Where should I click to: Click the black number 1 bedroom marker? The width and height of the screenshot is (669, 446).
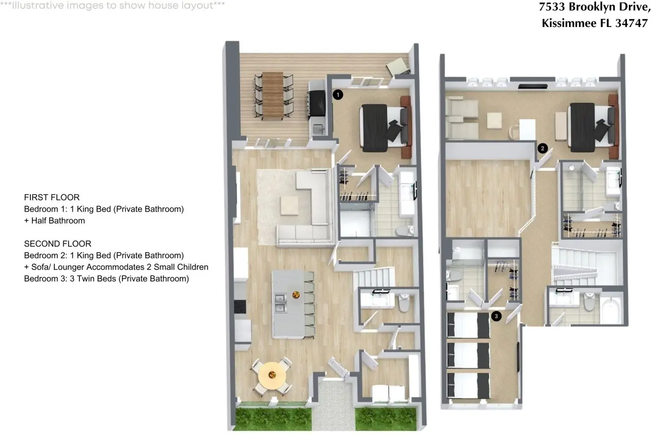[x=338, y=95]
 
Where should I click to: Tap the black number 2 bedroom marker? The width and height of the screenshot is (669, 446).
[x=542, y=148]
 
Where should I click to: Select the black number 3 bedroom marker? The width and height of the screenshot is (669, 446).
[x=497, y=316]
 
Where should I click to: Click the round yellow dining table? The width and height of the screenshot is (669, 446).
[x=272, y=375]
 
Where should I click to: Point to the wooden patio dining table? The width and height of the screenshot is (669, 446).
[x=273, y=95]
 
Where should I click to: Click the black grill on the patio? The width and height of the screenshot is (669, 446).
[x=317, y=103]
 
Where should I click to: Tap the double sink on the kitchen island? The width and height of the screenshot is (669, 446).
[x=280, y=303]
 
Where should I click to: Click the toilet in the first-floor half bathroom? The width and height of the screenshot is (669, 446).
[x=404, y=303]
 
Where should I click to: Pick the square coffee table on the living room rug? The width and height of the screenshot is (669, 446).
[x=289, y=205]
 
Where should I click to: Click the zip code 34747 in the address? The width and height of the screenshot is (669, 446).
[x=631, y=23]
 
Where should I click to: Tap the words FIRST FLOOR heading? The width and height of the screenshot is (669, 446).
[x=51, y=197]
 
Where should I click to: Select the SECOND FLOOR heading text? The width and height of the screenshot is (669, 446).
[x=58, y=244]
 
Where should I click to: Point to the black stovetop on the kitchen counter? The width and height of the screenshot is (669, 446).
[x=240, y=306]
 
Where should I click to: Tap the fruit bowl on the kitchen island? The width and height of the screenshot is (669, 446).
[x=296, y=295]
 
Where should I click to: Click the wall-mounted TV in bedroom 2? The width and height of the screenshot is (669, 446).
[x=532, y=87]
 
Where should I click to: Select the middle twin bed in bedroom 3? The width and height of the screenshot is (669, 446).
[x=468, y=356]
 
